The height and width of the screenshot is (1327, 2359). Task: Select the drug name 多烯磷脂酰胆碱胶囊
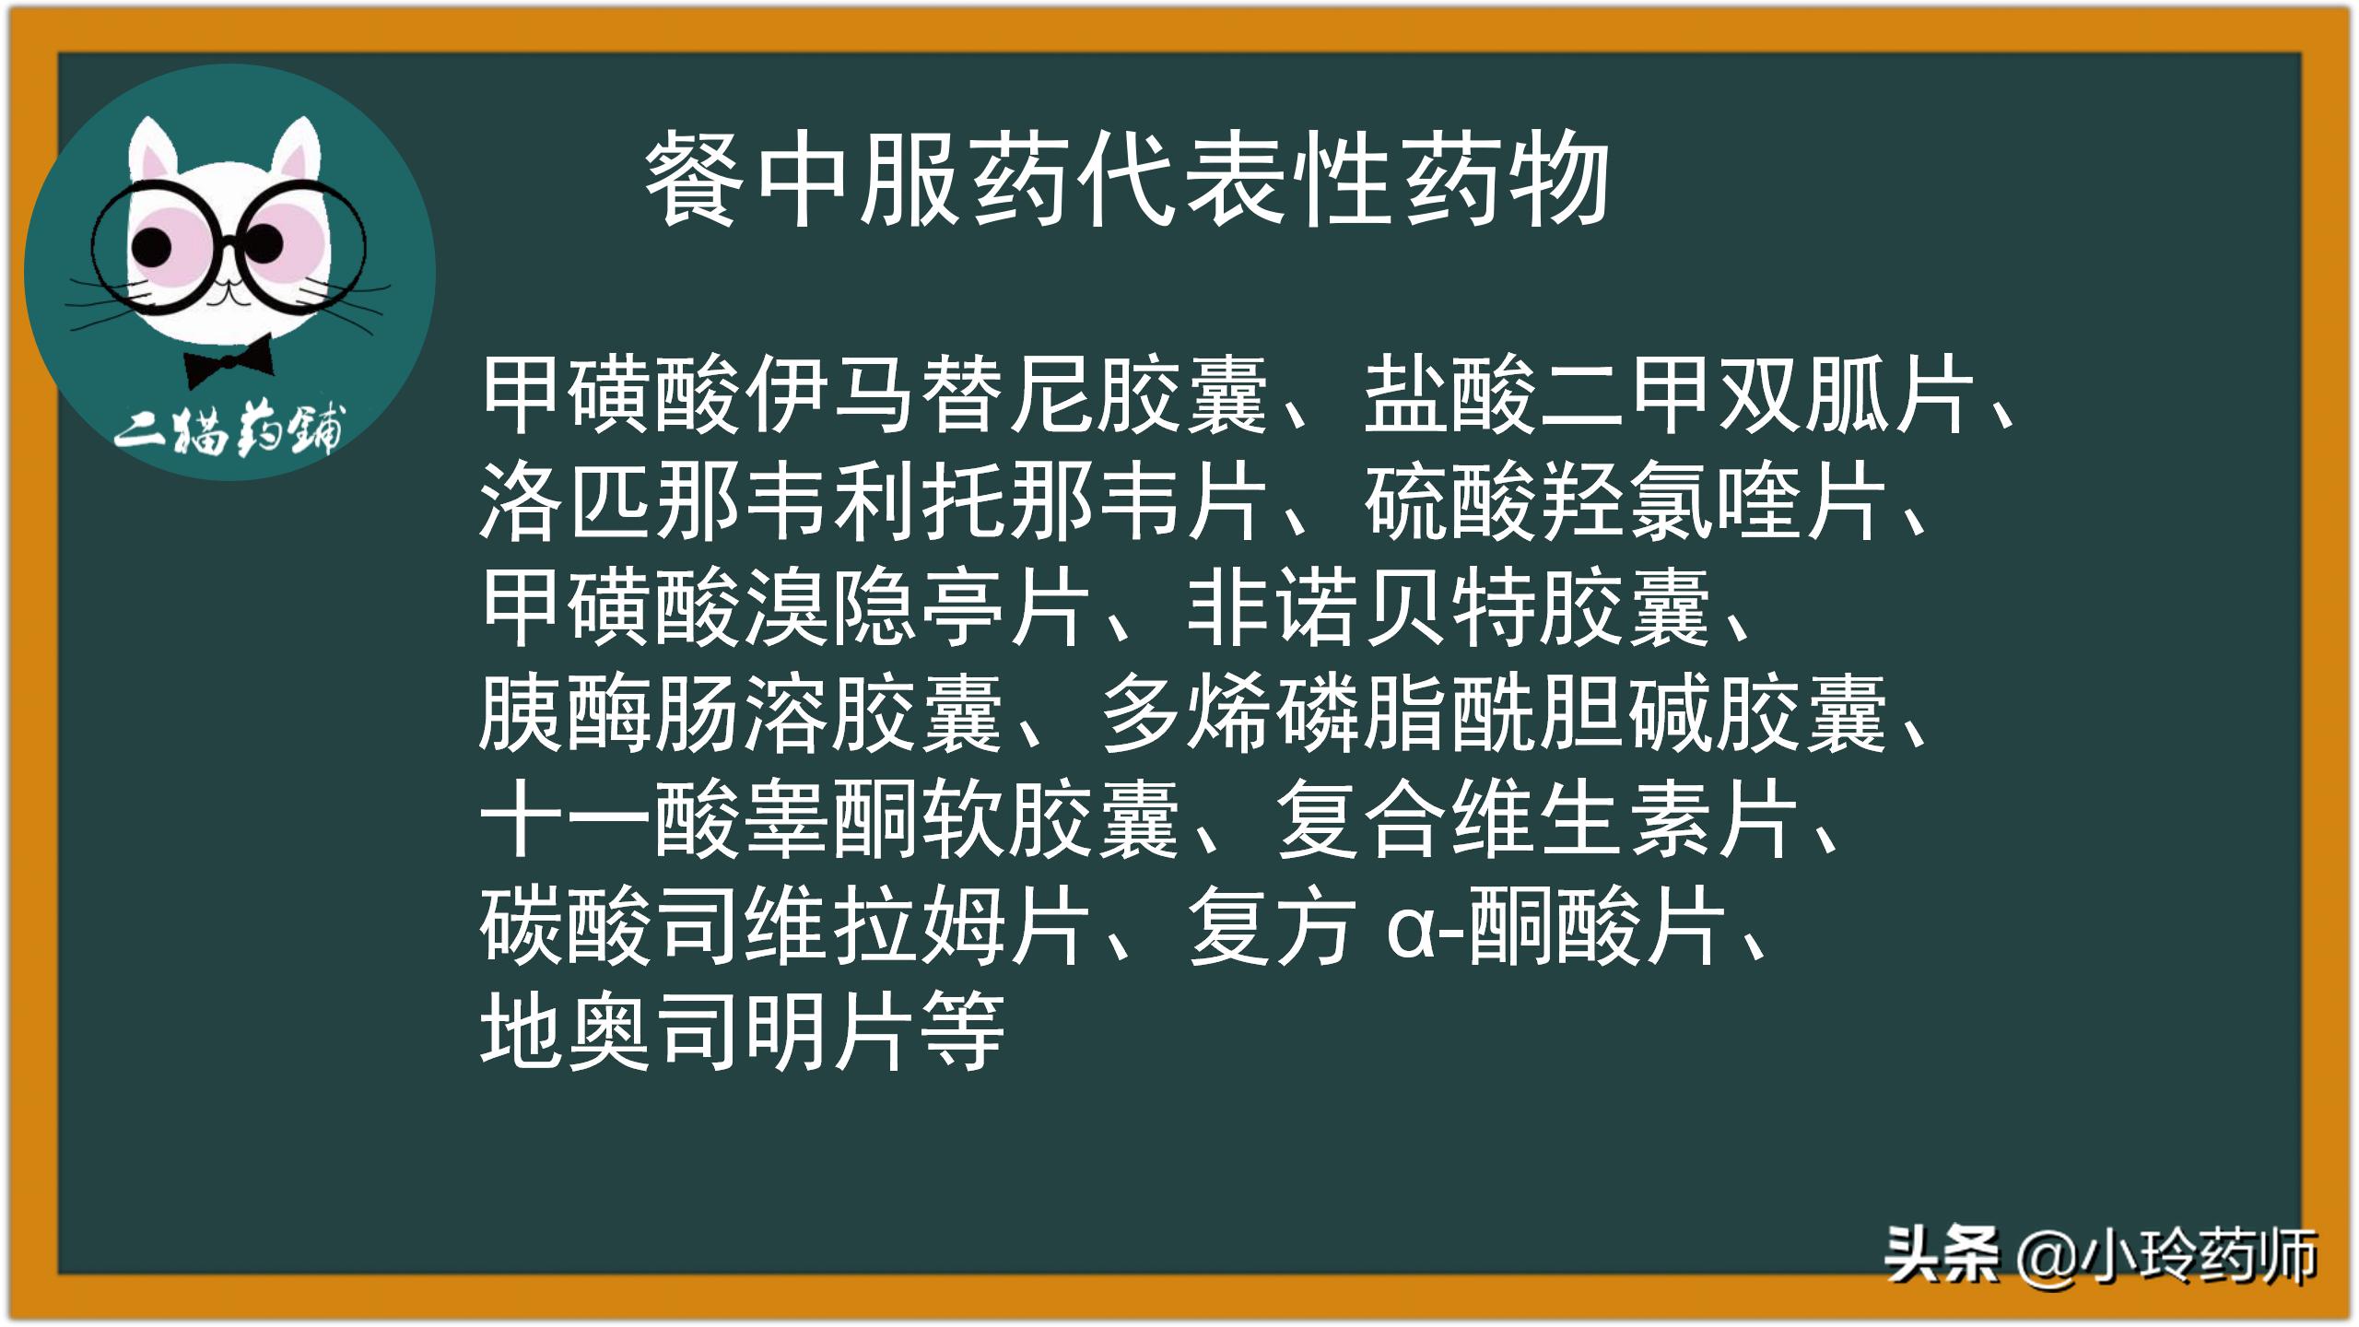click(x=1493, y=714)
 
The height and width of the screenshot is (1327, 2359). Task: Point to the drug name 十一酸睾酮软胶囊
click(x=829, y=820)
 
